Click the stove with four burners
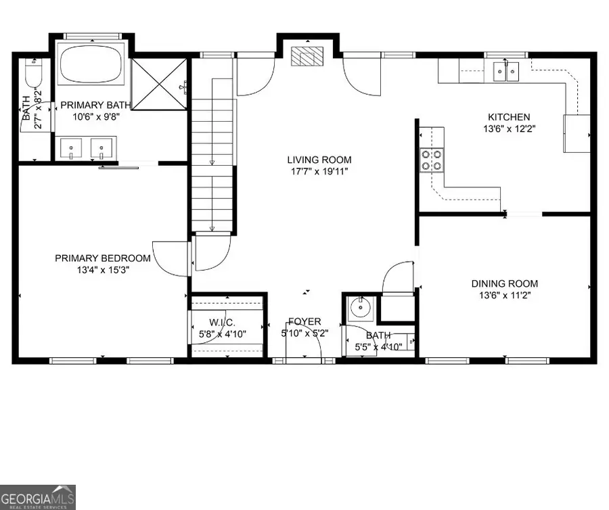(x=432, y=160)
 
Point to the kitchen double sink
(x=505, y=69)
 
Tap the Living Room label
(x=319, y=160)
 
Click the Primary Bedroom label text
(x=102, y=258)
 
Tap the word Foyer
(x=304, y=322)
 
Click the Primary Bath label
(x=92, y=105)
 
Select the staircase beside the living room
(x=213, y=156)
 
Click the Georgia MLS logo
(x=38, y=496)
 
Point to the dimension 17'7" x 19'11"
(x=319, y=172)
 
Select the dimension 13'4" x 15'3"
(x=102, y=269)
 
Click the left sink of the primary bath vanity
(x=72, y=147)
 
